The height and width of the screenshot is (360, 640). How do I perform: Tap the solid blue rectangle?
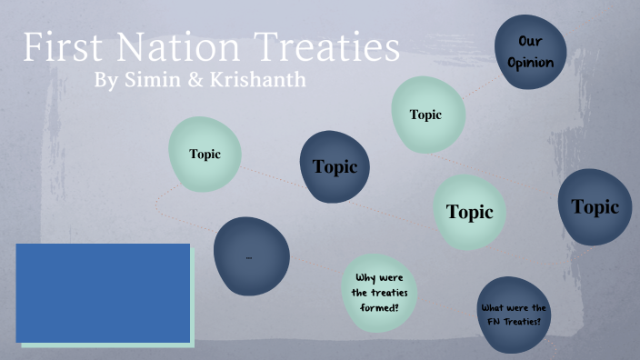click(x=103, y=292)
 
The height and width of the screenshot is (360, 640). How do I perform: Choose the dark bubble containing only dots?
click(x=251, y=257)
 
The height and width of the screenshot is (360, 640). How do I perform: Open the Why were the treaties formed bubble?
click(x=379, y=292)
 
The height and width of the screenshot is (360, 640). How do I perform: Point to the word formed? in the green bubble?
click(x=379, y=306)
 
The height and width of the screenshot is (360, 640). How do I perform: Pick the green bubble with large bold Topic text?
click(x=469, y=212)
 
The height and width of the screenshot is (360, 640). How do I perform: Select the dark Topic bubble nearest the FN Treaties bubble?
click(x=595, y=207)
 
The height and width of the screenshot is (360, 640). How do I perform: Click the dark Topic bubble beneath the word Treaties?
click(x=335, y=166)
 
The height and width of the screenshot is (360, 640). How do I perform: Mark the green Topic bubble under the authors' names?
click(x=205, y=154)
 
